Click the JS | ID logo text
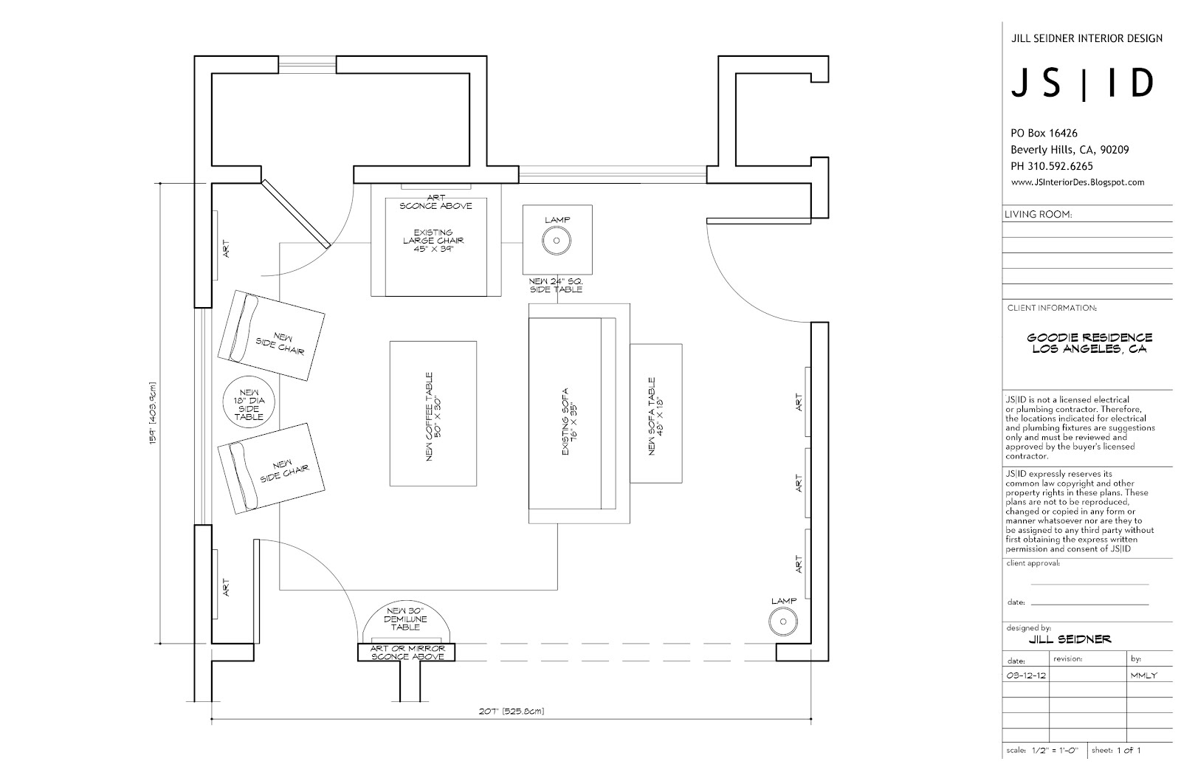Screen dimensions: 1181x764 1081,84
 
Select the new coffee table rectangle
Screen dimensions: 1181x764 433,413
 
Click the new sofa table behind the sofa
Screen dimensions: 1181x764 655,413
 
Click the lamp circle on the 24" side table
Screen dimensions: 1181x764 557,240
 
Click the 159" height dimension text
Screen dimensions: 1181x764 151,413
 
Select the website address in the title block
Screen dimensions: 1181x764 1077,182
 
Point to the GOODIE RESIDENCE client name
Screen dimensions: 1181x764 1089,338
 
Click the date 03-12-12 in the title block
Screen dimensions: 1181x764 1027,675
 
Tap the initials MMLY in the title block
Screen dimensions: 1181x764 1143,675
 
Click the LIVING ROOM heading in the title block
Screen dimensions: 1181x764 1038,215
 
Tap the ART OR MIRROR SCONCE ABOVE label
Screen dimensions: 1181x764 407,653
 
